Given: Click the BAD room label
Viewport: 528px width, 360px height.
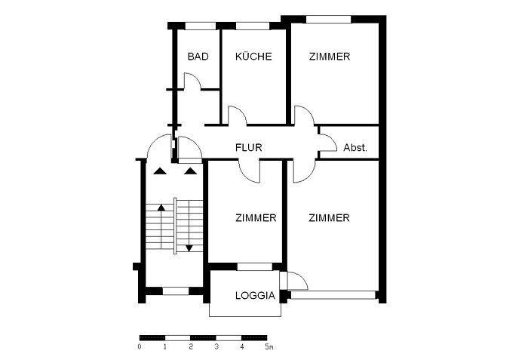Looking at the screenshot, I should pos(198,57).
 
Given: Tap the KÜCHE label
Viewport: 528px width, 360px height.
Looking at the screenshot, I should pos(253,57).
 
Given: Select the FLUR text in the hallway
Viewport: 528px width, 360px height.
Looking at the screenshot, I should pos(248,148).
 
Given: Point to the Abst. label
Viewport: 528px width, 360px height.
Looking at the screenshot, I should pos(355,148).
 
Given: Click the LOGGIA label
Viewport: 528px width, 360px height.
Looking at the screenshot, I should pos(255,296).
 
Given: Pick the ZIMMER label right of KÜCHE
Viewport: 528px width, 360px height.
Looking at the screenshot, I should pos(329,57).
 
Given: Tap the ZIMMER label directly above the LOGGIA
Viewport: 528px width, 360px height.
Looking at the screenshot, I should pos(255,218).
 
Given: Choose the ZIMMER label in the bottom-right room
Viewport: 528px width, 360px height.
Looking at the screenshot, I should pos(329,218).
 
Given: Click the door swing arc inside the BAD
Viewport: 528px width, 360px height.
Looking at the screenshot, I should pos(191,80).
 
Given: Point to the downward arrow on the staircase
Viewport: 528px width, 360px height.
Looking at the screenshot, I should pos(189,247).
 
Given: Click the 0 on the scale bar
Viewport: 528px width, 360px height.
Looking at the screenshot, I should pos(140,347).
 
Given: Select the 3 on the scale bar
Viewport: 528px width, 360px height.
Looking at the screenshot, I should pos(216,347).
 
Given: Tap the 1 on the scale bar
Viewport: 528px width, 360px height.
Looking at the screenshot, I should pos(165,347).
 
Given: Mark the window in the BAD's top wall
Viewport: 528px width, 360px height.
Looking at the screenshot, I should pos(198,26).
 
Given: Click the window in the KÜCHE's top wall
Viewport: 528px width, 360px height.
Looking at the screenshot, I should pos(253,26).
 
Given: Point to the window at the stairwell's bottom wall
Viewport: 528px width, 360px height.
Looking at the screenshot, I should pos(175,291).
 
